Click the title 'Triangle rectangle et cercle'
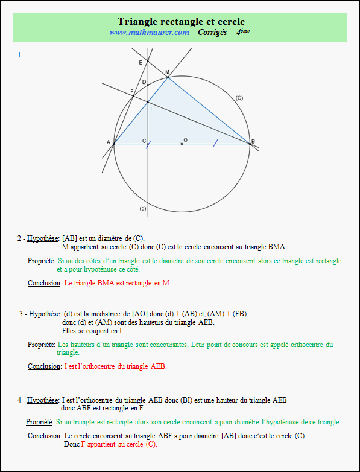pyautogui.click(x=180, y=22)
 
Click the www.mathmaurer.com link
pyautogui.click(x=149, y=32)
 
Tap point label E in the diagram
pyautogui.click(x=141, y=62)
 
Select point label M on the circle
pyautogui.click(x=168, y=72)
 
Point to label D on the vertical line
pyautogui.click(x=144, y=81)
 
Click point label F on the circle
pyautogui.click(x=132, y=91)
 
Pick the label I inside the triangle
pyautogui.click(x=150, y=108)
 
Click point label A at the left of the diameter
pyautogui.click(x=109, y=142)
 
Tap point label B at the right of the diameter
pyautogui.click(x=253, y=142)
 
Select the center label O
pyautogui.click(x=185, y=140)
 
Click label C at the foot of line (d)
pyautogui.click(x=144, y=141)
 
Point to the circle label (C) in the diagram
pyautogui.click(x=239, y=98)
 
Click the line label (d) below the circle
pyautogui.click(x=143, y=209)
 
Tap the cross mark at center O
pyautogui.click(x=182, y=144)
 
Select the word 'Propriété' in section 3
pyautogui.click(x=41, y=345)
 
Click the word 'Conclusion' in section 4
pyautogui.click(x=44, y=436)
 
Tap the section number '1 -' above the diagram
pyautogui.click(x=21, y=55)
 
